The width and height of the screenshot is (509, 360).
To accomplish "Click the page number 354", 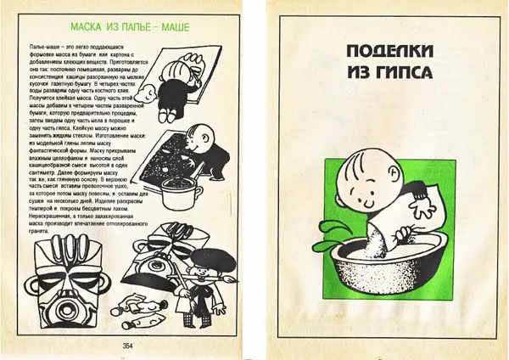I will [x=128, y=345].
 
